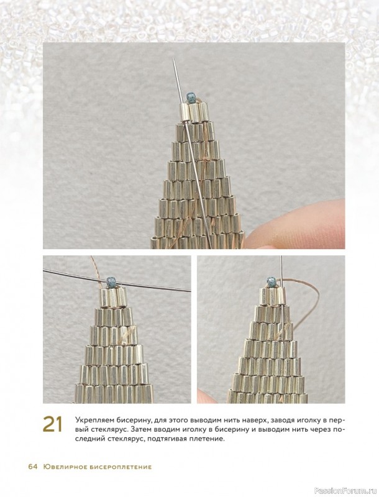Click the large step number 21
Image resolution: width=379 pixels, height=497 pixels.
click(x=53, y=424)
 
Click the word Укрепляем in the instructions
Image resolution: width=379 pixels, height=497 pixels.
click(x=91, y=421)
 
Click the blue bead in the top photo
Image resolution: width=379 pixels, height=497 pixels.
click(x=191, y=98)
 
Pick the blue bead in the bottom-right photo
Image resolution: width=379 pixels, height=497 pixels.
click(x=272, y=281)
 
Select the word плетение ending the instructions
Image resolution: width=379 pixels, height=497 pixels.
click(x=209, y=440)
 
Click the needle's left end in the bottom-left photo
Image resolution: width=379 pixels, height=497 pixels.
click(x=43, y=270)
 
